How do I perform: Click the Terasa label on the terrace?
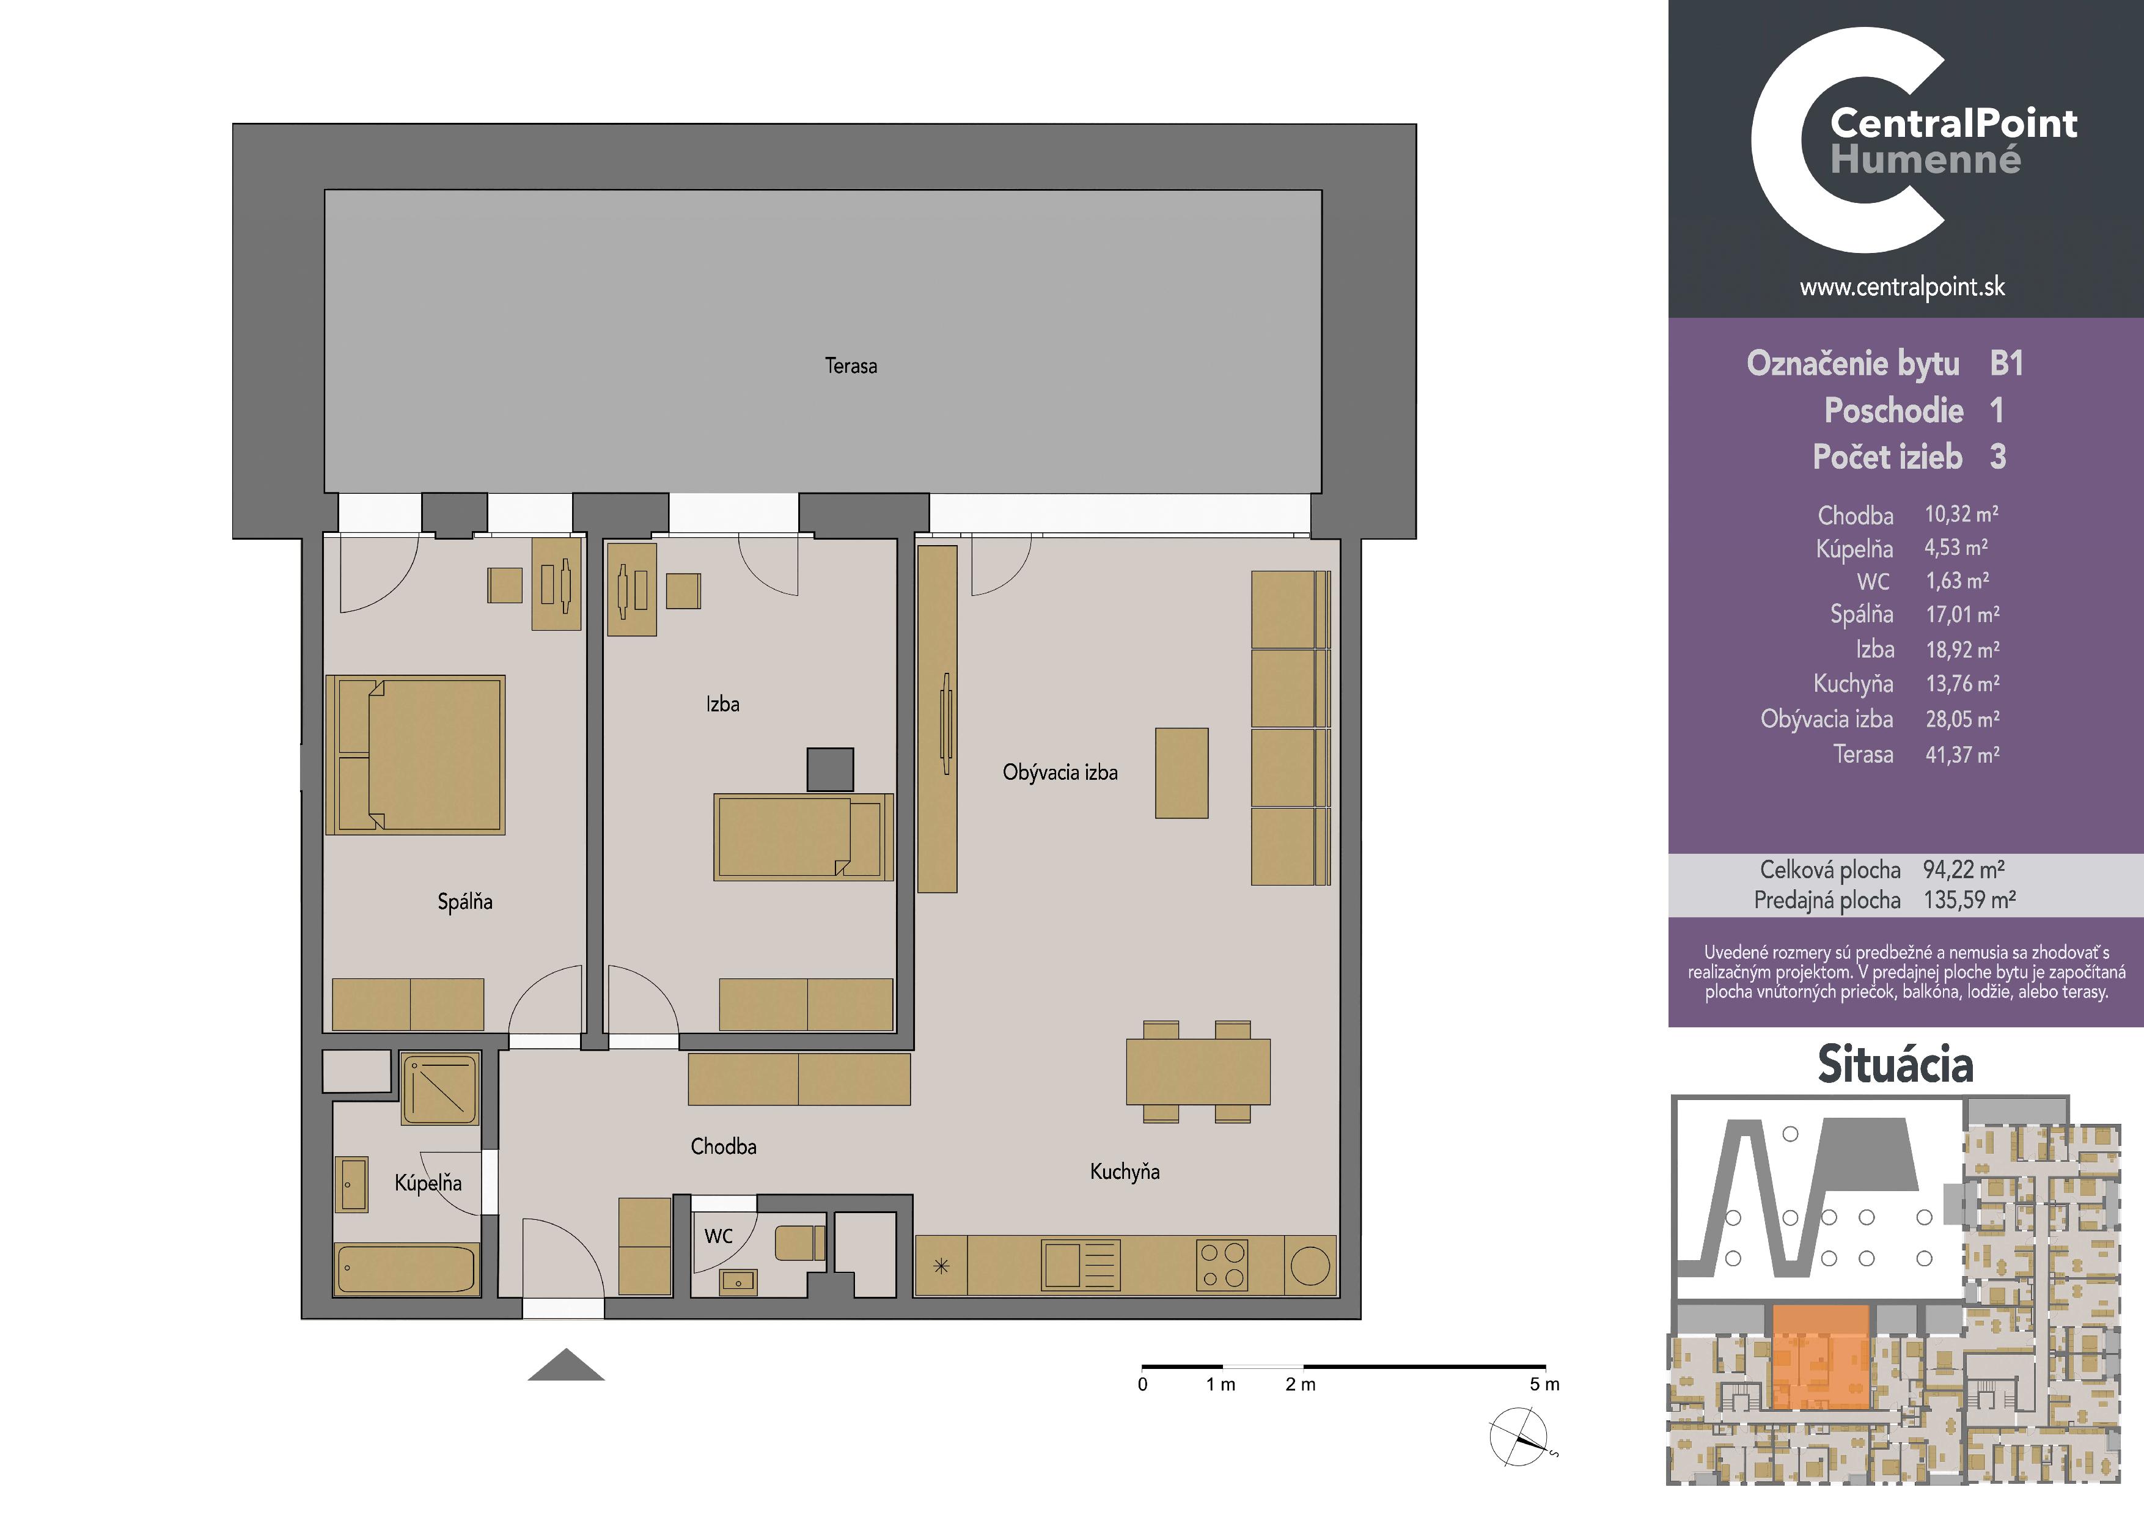point(851,366)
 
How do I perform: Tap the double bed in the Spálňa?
point(416,754)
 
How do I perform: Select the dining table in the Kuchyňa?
point(1198,1071)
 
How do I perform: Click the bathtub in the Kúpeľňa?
point(407,1269)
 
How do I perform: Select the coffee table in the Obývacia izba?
point(1181,773)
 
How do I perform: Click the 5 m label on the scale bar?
point(1544,1384)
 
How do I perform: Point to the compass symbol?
point(1519,1437)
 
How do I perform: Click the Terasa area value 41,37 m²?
point(1962,754)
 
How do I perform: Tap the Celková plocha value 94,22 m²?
point(1964,870)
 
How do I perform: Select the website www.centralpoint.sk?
point(1902,287)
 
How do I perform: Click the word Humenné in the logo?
point(1925,160)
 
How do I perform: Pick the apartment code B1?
point(2006,363)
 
